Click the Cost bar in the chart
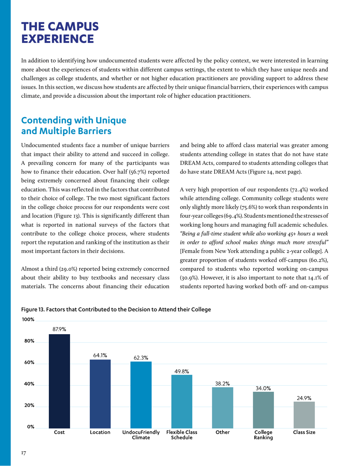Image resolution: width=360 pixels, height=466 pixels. pyautogui.click(x=59, y=380)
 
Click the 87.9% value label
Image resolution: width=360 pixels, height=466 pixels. pyautogui.click(x=59, y=330)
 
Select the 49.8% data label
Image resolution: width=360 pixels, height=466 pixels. pyautogui.click(x=182, y=371)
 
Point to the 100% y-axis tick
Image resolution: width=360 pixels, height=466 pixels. pyautogui.click(x=28, y=319)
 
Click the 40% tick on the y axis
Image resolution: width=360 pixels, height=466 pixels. pyautogui.click(x=29, y=384)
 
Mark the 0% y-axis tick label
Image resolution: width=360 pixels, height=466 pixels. pyautogui.click(x=30, y=427)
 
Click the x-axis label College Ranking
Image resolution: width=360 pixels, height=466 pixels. pyautogui.click(x=263, y=435)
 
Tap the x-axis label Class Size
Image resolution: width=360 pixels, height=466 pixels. pyautogui.click(x=304, y=432)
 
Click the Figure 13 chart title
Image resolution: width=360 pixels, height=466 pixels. pyautogui.click(x=116, y=310)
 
